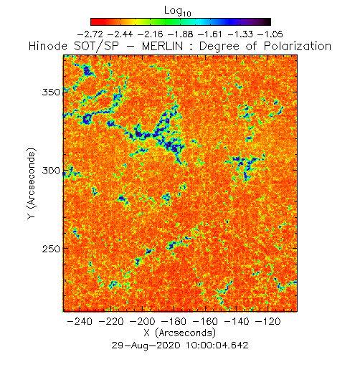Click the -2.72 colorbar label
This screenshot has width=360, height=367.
pos(90,34)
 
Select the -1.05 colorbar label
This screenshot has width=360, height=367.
pos(270,34)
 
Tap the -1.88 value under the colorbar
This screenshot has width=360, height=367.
pos(180,34)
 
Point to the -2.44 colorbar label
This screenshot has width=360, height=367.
pos(120,34)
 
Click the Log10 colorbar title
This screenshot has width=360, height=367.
pos(178,11)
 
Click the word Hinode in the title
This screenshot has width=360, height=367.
pos(48,46)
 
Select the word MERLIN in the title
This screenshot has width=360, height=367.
pos(163,46)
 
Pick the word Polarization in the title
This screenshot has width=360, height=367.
pos(298,46)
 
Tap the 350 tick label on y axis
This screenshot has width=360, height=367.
pos(51,92)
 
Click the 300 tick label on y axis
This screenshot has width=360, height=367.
pos(51,171)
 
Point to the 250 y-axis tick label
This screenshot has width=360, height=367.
pos(51,249)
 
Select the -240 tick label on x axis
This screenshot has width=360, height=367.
pos(80,321)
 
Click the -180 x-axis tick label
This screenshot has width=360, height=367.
pos(174,321)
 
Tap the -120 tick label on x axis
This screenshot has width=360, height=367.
pos(268,321)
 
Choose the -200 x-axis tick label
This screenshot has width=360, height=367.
pos(143,321)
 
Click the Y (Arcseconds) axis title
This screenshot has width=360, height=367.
pos(32,183)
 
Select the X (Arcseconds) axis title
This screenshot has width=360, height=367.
pos(180,333)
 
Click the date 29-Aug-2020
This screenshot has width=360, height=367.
pos(146,345)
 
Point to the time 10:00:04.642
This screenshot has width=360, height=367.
pos(217,345)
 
